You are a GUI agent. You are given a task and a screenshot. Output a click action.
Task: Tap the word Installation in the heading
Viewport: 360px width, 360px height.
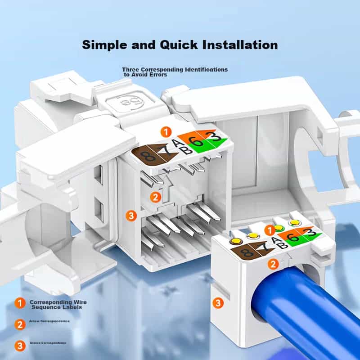tap(240, 45)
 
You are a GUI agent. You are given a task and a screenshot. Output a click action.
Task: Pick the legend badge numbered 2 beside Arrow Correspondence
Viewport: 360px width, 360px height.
tap(19, 324)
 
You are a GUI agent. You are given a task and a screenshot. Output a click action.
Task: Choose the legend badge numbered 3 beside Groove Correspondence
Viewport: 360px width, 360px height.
tap(19, 346)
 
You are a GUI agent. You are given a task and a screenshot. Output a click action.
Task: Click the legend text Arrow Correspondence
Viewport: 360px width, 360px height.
tap(49, 321)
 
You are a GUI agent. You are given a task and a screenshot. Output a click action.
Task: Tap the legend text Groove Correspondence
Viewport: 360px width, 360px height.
tap(48, 343)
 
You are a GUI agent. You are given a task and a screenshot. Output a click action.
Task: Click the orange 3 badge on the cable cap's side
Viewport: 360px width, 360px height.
tap(218, 303)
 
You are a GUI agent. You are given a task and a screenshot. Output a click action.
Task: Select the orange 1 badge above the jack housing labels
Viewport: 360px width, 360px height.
tap(166, 132)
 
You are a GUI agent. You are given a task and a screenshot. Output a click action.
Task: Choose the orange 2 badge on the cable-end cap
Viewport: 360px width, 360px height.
tap(272, 264)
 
